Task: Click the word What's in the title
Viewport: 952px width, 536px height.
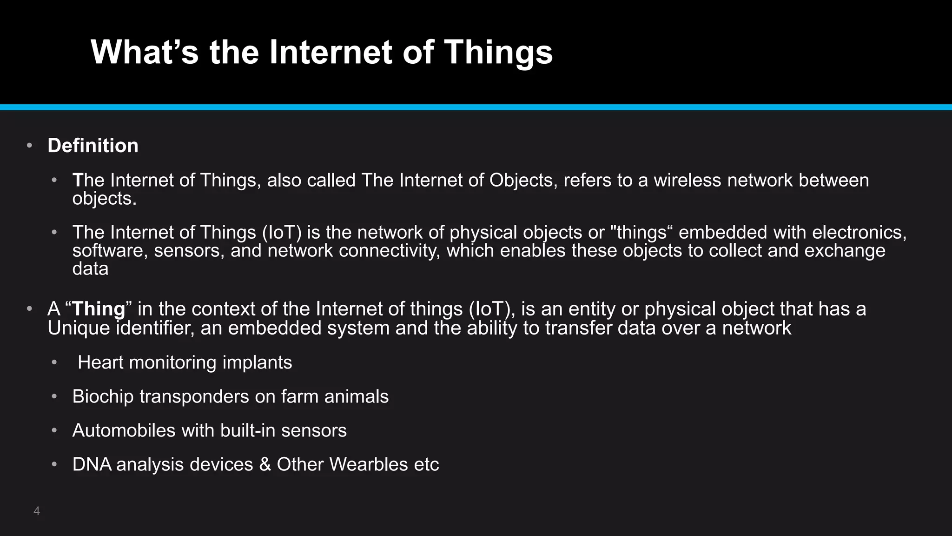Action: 145,52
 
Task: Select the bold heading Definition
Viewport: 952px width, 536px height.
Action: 93,146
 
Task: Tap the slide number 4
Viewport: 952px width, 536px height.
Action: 37,511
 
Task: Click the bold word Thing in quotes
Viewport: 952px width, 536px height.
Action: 99,309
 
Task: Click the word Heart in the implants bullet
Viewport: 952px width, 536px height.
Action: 100,362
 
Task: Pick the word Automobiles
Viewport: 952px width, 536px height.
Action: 124,430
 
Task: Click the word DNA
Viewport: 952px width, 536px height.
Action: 92,464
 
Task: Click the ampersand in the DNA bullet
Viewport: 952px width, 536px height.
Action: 265,464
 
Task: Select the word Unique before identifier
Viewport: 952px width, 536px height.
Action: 79,328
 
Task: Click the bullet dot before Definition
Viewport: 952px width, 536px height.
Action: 29,146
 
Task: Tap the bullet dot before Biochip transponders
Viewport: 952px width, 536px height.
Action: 54,396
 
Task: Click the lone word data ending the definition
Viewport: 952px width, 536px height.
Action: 90,269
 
